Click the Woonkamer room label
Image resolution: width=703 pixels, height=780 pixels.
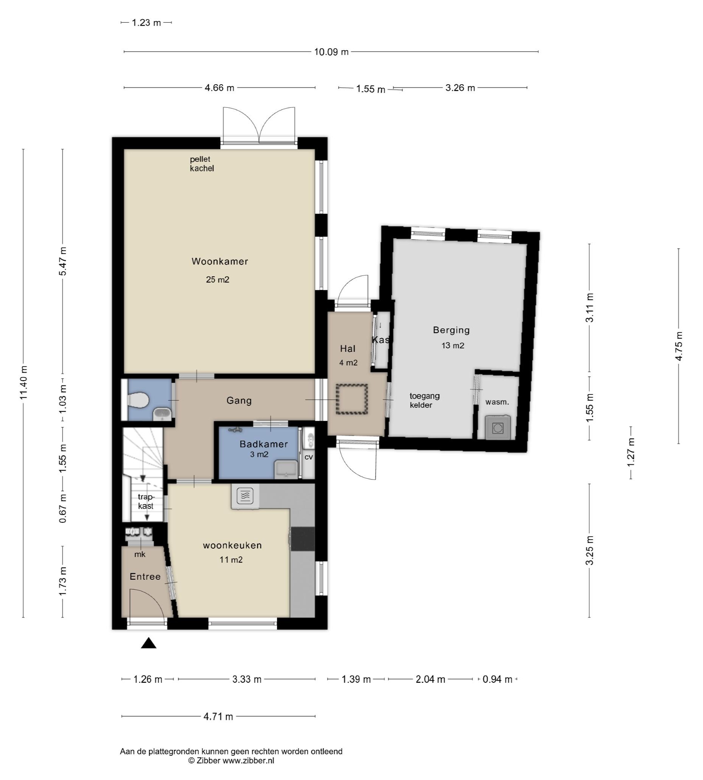220,262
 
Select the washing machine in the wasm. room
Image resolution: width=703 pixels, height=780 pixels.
498,428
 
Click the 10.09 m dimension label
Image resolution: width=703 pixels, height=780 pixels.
331,52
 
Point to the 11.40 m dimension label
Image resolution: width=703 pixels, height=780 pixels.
24,382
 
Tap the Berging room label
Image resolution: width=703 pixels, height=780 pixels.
451,330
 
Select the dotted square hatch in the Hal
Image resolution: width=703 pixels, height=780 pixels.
351,399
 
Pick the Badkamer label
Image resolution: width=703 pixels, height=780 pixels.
264,444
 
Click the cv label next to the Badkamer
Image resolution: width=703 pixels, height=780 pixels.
309,457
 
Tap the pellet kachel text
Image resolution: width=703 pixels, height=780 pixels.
202,164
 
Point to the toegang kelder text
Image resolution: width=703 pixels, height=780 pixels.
425,400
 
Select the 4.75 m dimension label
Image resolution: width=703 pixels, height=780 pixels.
679,346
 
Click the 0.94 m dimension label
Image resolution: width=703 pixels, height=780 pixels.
498,679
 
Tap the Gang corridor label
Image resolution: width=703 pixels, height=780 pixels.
239,401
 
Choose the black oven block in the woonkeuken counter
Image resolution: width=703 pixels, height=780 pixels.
303,539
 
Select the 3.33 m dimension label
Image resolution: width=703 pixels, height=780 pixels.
247,679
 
